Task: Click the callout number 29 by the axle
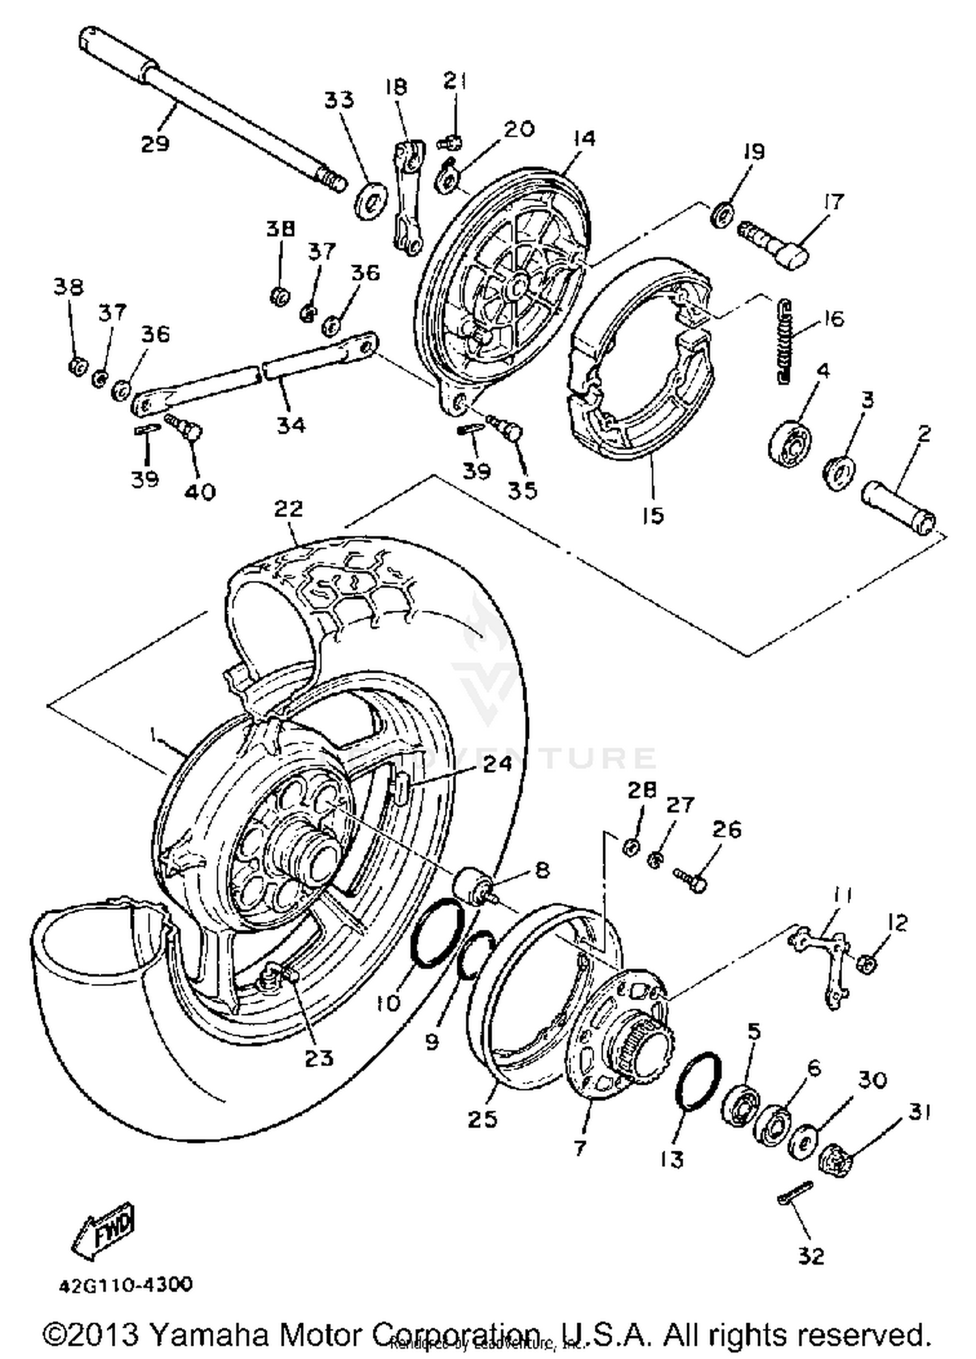[155, 143]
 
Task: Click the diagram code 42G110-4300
[126, 1285]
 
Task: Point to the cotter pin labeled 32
[794, 1194]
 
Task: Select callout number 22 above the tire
[288, 509]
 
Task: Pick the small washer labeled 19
[722, 214]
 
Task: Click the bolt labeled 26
[690, 880]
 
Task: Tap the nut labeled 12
[866, 964]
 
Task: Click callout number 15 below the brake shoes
[653, 515]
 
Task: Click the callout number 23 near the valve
[319, 1058]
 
